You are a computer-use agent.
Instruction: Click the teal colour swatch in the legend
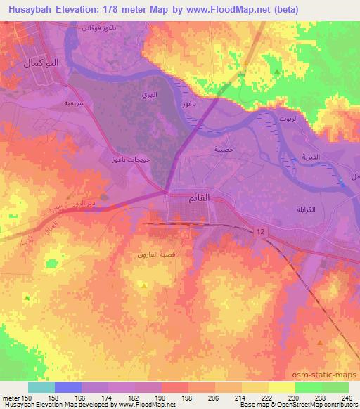41,387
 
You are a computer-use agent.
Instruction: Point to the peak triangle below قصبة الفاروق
143,285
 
